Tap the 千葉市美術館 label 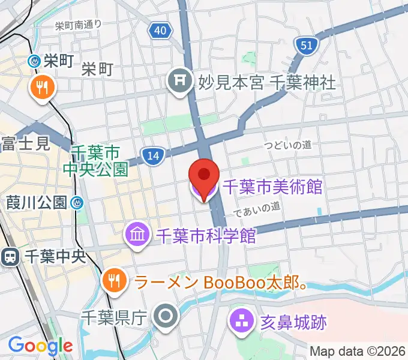(272, 187)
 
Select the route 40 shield (158, 30)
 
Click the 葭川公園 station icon (76, 203)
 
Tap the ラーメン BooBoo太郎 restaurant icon (113, 279)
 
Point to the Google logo (40, 346)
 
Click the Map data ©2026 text (358, 350)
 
